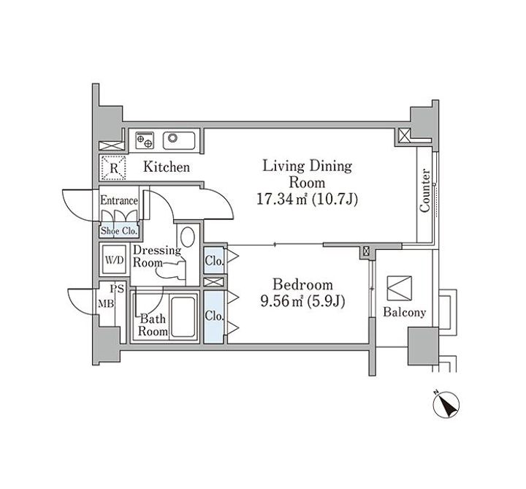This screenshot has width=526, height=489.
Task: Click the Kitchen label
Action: [x=166, y=167]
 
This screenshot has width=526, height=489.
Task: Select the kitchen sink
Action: [x=176, y=138]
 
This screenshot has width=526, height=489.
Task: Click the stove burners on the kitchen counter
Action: [x=144, y=138]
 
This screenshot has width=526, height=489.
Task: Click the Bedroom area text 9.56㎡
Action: [x=281, y=300]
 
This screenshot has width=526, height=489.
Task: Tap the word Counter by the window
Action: [x=425, y=192]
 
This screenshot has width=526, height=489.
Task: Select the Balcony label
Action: [x=404, y=312]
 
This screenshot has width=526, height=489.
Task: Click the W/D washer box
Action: [x=113, y=259]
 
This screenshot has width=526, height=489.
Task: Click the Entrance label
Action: [x=118, y=200]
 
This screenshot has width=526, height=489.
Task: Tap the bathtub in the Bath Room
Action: [x=185, y=316]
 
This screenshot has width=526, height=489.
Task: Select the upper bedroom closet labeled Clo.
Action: [x=214, y=259]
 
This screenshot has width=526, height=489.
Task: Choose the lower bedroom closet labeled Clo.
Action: [x=214, y=316]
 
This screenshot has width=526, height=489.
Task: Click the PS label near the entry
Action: [x=117, y=289]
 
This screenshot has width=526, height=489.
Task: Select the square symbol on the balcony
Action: [x=400, y=287]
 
